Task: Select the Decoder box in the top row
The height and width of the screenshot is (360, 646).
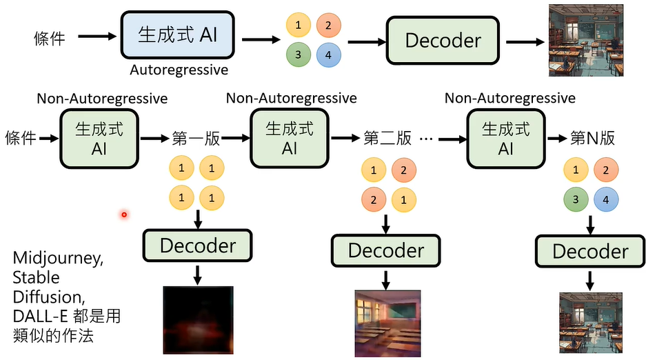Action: (x=442, y=40)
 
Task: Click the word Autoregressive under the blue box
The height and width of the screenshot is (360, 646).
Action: (x=179, y=70)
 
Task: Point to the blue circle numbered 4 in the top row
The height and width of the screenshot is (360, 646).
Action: (x=329, y=54)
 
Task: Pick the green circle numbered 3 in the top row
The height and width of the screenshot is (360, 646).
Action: (x=298, y=54)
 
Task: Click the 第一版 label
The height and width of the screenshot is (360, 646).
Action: (x=196, y=138)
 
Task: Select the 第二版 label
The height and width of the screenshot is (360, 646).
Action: (x=387, y=138)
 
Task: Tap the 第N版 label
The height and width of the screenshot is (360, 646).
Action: (x=592, y=138)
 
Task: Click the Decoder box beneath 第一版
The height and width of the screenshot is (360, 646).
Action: (x=198, y=246)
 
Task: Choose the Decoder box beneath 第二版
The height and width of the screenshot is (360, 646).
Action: (x=385, y=250)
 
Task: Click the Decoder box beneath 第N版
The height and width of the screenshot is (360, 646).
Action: (x=591, y=251)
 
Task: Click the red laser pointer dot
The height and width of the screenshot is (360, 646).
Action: (x=124, y=214)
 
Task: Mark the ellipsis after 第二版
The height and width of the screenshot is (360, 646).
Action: (x=425, y=139)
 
